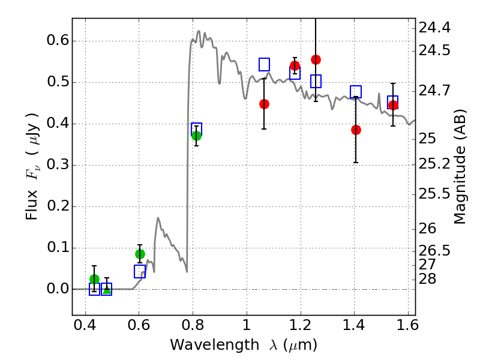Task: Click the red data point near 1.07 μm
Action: coord(264,104)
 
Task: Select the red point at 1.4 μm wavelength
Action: coord(356,130)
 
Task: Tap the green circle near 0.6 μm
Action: coord(140,254)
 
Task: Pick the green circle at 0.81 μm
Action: coord(196,136)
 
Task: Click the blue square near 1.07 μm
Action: coord(264,64)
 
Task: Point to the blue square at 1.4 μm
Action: coord(356,92)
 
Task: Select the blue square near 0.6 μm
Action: coord(140,272)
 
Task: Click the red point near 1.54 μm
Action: coord(393,105)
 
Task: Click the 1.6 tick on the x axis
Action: coord(408,326)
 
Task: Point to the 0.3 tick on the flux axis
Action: coord(55,166)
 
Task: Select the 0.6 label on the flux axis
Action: coord(55,41)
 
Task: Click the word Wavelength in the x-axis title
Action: coord(205,345)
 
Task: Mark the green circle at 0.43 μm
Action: coord(94,279)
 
